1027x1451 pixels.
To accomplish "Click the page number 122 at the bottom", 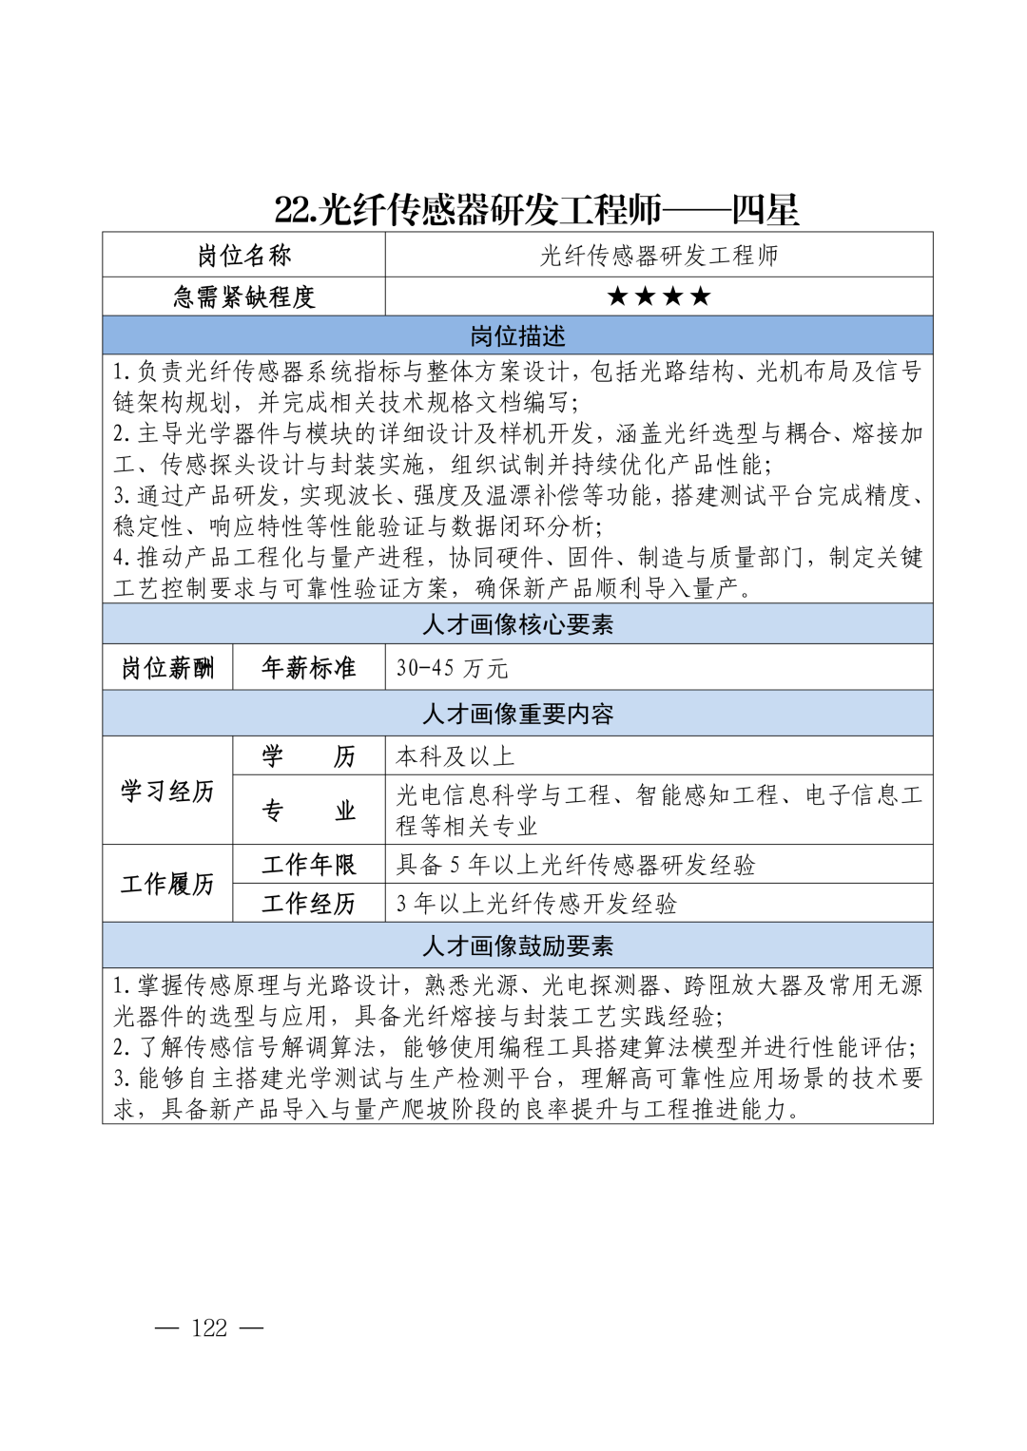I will click(209, 1327).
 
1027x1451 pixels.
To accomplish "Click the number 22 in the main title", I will click(294, 210).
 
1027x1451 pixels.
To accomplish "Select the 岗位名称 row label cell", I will click(244, 255).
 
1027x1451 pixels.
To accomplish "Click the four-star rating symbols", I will click(659, 296).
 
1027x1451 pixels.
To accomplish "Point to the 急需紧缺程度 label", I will click(244, 296).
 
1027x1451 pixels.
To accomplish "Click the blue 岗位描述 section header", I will click(517, 335).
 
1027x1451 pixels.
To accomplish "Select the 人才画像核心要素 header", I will click(517, 624).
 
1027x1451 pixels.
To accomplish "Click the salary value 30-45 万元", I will click(453, 668).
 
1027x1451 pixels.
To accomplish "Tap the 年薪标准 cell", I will click(309, 668).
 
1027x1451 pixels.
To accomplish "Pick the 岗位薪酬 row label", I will click(167, 668).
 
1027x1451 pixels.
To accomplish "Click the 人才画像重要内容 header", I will click(517, 714).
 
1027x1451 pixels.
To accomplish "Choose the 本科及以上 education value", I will click(455, 756).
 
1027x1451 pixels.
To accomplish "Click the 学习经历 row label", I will click(167, 791).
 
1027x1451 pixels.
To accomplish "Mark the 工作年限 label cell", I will click(309, 865).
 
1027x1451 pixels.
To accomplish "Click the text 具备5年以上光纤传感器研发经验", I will click(576, 865).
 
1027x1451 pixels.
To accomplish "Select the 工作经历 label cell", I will click(309, 904).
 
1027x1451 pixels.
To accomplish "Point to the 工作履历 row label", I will click(167, 884).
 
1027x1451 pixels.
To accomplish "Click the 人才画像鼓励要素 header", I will click(517, 945).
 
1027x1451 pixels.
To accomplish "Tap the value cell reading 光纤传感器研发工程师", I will click(659, 255).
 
